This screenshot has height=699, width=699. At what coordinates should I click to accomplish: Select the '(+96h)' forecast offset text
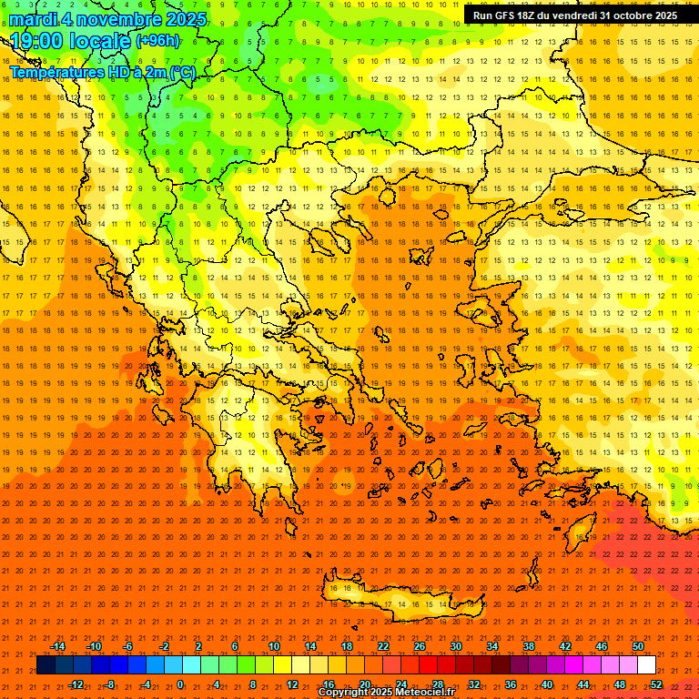pyautogui.click(x=157, y=41)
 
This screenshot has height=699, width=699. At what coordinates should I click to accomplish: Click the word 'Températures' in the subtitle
pyautogui.click(x=55, y=72)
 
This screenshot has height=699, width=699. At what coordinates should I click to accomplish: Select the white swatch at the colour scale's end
pyautogui.click(x=646, y=665)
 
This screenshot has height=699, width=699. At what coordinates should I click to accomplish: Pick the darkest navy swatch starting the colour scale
pyautogui.click(x=46, y=665)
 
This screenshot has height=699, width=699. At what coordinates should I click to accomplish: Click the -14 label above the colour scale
pyautogui.click(x=57, y=646)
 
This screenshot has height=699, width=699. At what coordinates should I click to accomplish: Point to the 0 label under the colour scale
pyautogui.click(x=179, y=684)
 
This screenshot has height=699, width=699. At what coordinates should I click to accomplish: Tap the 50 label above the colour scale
pyautogui.click(x=638, y=646)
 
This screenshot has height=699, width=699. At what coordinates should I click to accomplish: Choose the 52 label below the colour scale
pyautogui.click(x=656, y=684)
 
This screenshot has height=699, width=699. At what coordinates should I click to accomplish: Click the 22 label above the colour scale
pyautogui.click(x=383, y=646)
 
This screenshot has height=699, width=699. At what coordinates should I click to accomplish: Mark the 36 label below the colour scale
pyautogui.click(x=511, y=684)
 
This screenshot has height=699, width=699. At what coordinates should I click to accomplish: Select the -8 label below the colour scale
pyautogui.click(x=111, y=684)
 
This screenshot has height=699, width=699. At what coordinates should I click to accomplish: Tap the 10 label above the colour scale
pyautogui.click(x=274, y=646)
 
